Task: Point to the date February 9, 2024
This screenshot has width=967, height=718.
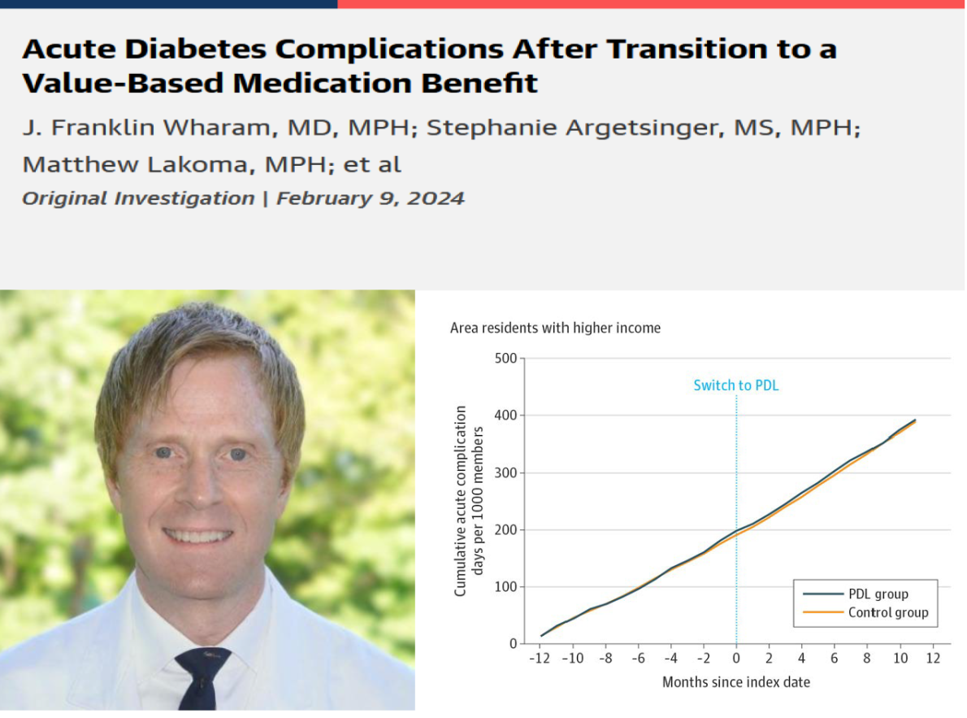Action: (371, 198)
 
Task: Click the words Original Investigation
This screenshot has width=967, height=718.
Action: (138, 198)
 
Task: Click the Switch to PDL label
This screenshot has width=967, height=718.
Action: (735, 385)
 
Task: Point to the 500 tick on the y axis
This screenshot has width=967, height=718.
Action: (505, 359)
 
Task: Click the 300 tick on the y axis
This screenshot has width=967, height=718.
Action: (505, 472)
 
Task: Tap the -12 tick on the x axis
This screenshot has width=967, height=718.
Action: (537, 658)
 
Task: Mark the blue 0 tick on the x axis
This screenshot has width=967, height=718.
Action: (736, 658)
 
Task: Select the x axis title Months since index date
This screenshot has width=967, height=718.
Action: (735, 682)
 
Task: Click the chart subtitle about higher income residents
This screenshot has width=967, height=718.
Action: (555, 329)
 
